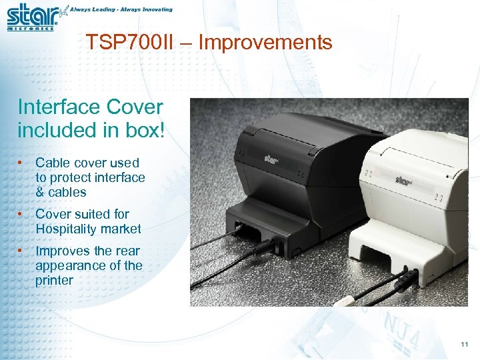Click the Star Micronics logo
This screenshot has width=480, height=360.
(x=32, y=17)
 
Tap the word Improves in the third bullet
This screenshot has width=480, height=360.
(x=61, y=251)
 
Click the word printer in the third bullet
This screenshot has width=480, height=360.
(x=54, y=280)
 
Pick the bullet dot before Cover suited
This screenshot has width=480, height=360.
(x=22, y=214)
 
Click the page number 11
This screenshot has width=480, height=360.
(x=465, y=345)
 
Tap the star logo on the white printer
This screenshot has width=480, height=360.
(x=403, y=179)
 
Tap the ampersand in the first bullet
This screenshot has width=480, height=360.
(x=39, y=192)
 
